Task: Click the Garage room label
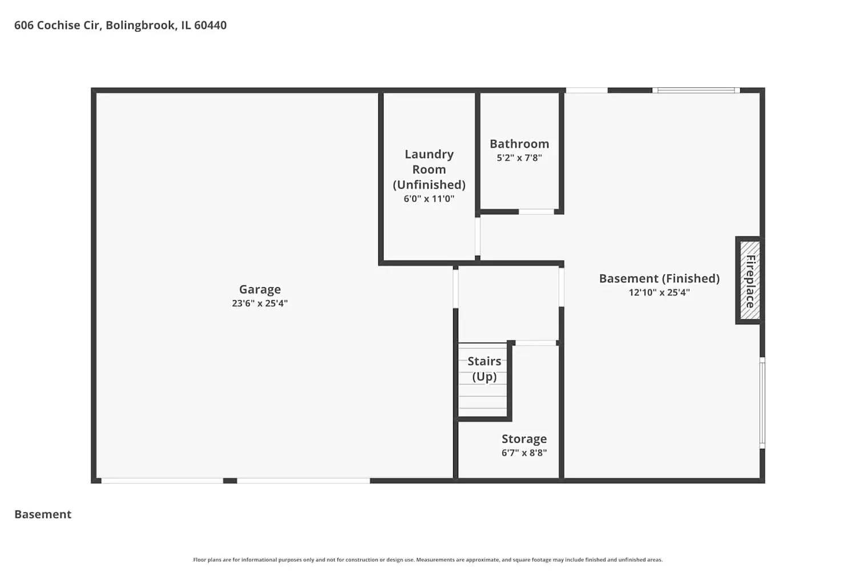click(x=260, y=289)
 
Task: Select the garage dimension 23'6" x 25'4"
click(x=260, y=303)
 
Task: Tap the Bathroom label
click(x=519, y=144)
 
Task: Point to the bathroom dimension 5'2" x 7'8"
click(x=519, y=158)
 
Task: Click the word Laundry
click(x=429, y=154)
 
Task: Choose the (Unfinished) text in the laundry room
click(x=429, y=184)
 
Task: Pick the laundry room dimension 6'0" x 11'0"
click(x=429, y=199)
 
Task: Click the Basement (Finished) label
click(x=659, y=279)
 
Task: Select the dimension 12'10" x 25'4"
click(x=659, y=292)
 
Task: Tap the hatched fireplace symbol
click(x=750, y=280)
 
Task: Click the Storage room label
click(x=524, y=439)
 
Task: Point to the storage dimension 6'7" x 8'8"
click(x=524, y=453)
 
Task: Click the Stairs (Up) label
click(x=484, y=369)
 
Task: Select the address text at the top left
click(x=120, y=25)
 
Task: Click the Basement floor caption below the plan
click(x=43, y=514)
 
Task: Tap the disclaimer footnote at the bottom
click(x=428, y=560)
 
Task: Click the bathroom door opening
click(x=536, y=212)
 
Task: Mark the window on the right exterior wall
click(x=762, y=403)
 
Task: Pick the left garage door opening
click(x=162, y=481)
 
